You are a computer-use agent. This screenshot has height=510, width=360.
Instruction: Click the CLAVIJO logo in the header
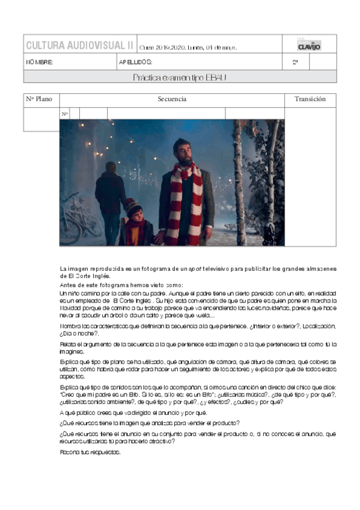pos(309,45)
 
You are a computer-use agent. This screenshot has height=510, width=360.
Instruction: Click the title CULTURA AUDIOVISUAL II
pos(79,45)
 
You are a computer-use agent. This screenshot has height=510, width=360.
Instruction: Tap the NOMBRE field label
pos(40,62)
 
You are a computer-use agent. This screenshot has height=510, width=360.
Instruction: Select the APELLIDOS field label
pos(135,62)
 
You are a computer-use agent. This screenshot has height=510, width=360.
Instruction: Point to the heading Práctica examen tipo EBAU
pos(180,77)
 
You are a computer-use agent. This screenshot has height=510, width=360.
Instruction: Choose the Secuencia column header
pos(172,99)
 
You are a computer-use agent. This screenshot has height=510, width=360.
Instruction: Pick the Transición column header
pos(310,99)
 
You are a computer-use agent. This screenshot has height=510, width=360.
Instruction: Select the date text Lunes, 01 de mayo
pos(213,48)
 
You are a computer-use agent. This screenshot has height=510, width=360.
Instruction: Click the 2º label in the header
pos(295,62)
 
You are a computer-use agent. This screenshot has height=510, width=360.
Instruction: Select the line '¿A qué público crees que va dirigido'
pos(133,413)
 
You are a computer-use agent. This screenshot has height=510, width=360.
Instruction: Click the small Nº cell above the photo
pos(65,114)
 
